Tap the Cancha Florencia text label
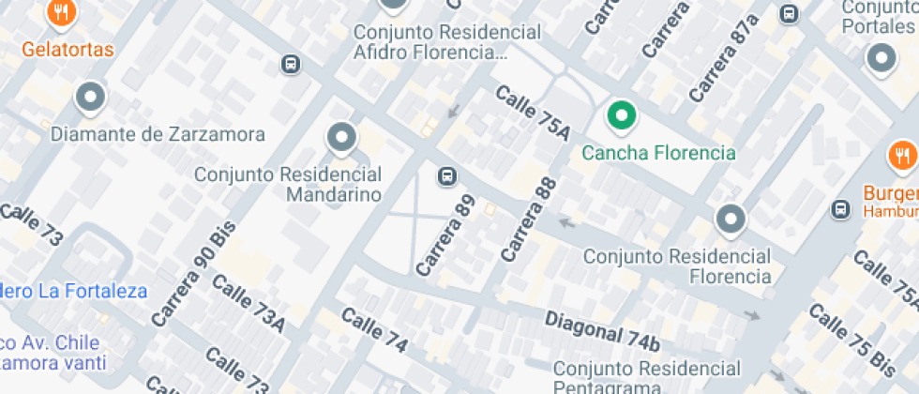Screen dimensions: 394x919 pos(658,152)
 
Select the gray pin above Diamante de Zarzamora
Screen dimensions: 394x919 pos(90,96)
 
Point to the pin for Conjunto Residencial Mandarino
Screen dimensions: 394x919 pos(341,138)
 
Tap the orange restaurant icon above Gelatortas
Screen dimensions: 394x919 pos(62,12)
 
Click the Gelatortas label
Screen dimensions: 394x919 pos(68,49)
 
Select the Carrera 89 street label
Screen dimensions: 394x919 pos(446,235)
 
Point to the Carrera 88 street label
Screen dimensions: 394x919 pos(529,220)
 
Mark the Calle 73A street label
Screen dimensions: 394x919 pos(248,303)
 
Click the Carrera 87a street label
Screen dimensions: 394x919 pos(723,58)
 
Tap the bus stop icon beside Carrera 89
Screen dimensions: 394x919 pos(447,175)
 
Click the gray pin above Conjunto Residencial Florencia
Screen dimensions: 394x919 pos(730,220)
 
